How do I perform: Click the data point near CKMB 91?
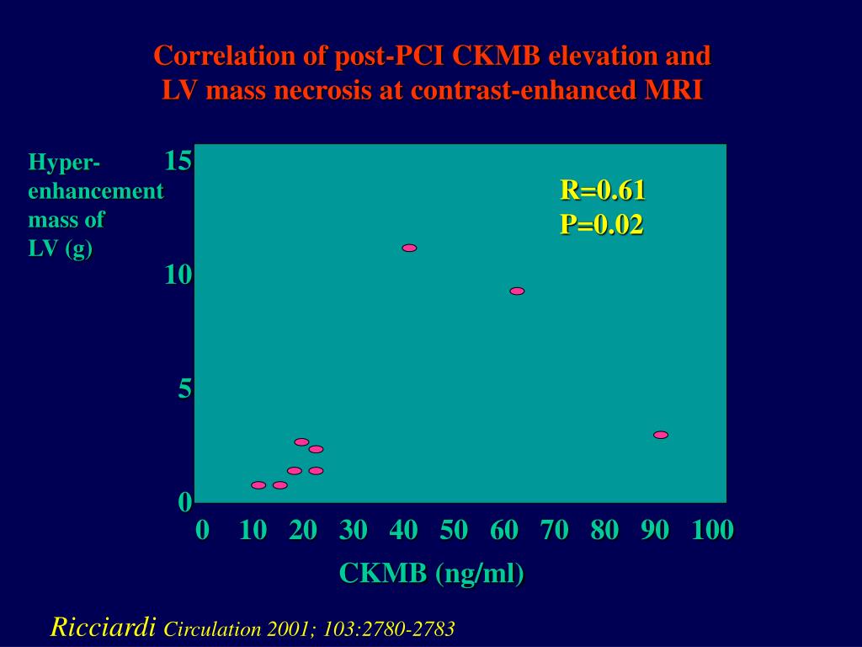(x=661, y=435)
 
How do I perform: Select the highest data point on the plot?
(x=409, y=248)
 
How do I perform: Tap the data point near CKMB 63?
(x=517, y=291)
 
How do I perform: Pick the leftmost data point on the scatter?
(x=258, y=485)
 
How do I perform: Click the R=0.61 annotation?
(x=603, y=190)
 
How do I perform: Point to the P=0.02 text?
(x=602, y=224)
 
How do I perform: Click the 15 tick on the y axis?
(x=178, y=160)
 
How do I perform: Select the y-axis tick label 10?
(x=178, y=274)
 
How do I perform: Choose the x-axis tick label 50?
(x=454, y=530)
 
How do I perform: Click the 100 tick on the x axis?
(x=712, y=530)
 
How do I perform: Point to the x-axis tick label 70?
(x=555, y=530)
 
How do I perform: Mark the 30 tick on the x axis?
(x=354, y=530)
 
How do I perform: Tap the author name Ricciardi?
(x=104, y=627)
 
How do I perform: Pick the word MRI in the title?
(x=673, y=90)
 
